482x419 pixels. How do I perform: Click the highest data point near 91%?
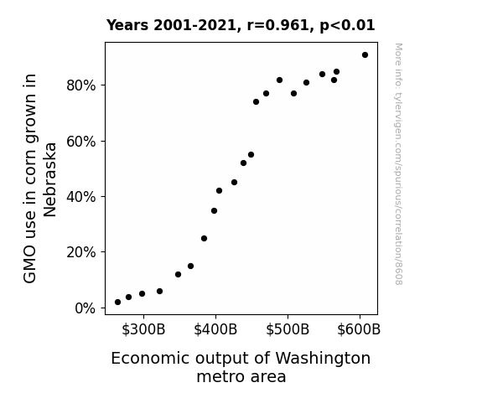365,55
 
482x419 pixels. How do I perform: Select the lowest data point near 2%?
117,303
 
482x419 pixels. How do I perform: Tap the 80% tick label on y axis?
80,85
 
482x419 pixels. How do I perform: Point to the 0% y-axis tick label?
86,308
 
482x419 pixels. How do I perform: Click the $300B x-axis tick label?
143,329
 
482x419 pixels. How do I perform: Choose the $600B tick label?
359,329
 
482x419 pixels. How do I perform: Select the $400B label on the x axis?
215,329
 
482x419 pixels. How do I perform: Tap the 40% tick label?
80,197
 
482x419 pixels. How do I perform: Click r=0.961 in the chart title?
278,25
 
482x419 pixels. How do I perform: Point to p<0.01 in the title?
347,26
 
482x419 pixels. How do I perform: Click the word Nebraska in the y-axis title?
49,179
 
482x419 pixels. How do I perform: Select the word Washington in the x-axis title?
323,359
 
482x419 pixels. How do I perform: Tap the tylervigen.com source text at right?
398,164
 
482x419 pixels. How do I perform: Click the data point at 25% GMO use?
204,239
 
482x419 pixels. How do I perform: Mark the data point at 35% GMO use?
215,211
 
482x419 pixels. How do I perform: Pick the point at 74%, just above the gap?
256,102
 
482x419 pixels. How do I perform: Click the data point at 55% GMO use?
251,155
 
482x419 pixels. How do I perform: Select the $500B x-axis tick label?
288,329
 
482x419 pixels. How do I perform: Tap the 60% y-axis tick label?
80,142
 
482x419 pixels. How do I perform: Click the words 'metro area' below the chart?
241,377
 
